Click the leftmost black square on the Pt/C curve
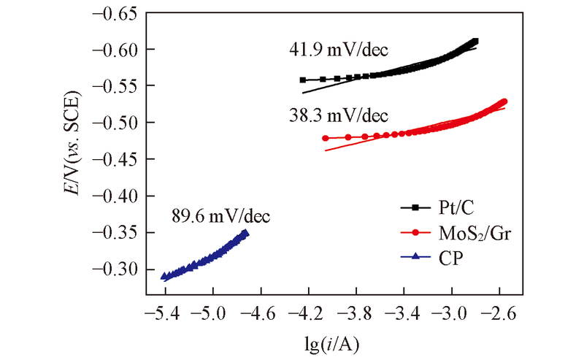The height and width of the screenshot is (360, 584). tap(303, 80)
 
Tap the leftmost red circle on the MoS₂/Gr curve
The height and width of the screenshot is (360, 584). tap(326, 138)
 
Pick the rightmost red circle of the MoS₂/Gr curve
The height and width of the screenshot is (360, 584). tap(504, 102)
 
